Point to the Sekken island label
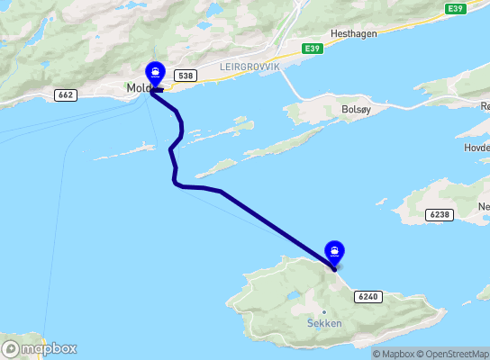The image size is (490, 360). (x=324, y=323)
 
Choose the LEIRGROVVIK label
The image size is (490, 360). (x=250, y=67)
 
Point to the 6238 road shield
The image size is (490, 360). (x=439, y=214)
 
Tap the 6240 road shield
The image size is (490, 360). (x=368, y=295)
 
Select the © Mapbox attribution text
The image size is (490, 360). (x=393, y=354)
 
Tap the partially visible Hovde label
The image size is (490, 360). (x=477, y=146)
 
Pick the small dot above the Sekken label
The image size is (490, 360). (x=324, y=312)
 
